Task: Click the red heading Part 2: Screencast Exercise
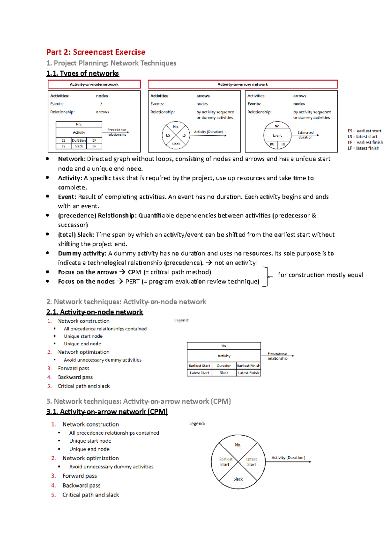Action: (x=96, y=52)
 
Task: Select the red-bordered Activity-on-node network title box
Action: (x=94, y=84)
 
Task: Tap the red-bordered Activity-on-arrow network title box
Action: (x=243, y=84)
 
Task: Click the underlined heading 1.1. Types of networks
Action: (x=83, y=73)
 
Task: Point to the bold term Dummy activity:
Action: (x=82, y=254)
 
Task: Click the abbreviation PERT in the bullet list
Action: (x=132, y=282)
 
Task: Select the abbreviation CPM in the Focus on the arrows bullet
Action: (x=134, y=272)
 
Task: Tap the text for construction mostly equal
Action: (x=320, y=275)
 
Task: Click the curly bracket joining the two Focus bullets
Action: (x=266, y=277)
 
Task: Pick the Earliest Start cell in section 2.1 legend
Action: (x=199, y=366)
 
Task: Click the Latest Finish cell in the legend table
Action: (x=248, y=373)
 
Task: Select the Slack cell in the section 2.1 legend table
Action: (x=224, y=373)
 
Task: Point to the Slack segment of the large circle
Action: (x=238, y=479)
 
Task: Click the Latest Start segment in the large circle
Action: (x=251, y=462)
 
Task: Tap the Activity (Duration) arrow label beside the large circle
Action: (x=288, y=458)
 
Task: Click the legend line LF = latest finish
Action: (x=363, y=148)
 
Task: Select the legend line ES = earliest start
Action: (x=364, y=131)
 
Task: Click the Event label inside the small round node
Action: (x=277, y=136)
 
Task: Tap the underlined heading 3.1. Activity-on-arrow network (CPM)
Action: (x=107, y=412)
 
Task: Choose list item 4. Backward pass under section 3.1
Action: (x=81, y=485)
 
